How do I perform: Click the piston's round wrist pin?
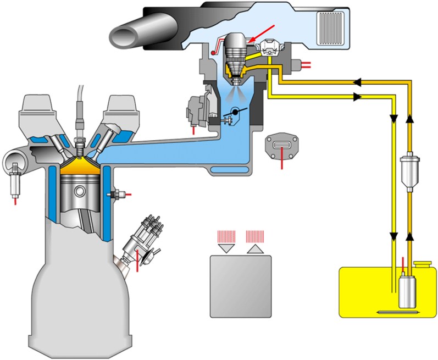pos(80,192)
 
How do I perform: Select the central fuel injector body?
pos(236,55)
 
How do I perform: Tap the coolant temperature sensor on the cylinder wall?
pos(117,194)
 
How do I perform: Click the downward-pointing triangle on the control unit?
pos(225,249)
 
